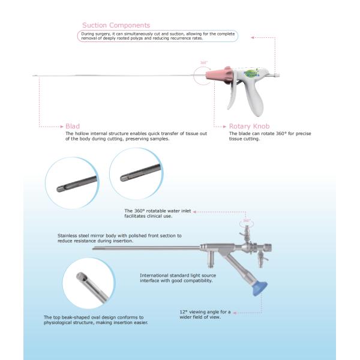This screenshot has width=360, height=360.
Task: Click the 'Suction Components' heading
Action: pos(116,25)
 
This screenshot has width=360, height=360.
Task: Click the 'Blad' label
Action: pos(72,127)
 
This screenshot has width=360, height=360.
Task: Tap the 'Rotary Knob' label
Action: pos(249,127)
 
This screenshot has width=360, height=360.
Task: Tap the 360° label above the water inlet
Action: pos(246,221)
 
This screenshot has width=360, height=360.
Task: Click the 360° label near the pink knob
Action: pos(203,62)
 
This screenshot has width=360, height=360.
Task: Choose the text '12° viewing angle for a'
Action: pos(205,312)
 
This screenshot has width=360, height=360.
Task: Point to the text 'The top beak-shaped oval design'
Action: pos(94,317)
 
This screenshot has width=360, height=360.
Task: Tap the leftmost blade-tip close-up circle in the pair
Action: pos(73,181)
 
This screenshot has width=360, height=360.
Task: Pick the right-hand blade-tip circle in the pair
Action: pos(136,175)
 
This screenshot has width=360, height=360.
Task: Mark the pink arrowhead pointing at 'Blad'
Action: pos(62,127)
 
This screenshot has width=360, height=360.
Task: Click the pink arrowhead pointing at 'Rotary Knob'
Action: pos(226,127)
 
